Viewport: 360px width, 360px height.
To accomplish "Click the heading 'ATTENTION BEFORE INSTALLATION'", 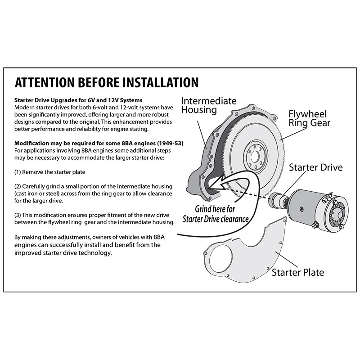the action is pos(107,83).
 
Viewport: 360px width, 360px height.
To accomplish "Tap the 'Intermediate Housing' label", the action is pos(208,105).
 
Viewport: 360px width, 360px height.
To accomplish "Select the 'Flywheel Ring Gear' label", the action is pos(309,118).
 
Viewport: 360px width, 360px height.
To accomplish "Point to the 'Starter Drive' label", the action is pos(316,167).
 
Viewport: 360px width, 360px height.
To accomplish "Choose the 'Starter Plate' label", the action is pos(298,272).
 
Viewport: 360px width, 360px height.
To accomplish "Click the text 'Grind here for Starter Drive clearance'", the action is pos(216,214).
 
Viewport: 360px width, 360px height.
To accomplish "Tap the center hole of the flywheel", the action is pos(255,157).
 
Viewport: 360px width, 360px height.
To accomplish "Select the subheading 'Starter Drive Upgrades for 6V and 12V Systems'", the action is pos(78,100).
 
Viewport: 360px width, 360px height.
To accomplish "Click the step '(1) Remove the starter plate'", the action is pos(49,172).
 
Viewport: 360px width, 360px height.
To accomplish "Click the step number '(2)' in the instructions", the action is pos(18,186).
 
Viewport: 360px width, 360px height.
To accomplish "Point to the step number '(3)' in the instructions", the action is pos(18,215).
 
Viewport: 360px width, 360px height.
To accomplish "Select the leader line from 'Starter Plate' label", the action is pos(287,260).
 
